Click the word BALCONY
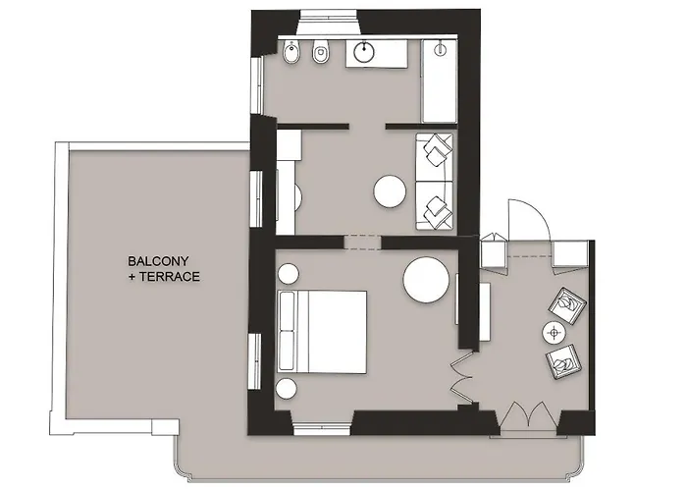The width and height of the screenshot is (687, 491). click(x=158, y=261)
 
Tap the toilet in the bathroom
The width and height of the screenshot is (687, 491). click(x=321, y=53)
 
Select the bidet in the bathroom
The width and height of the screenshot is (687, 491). click(x=291, y=53)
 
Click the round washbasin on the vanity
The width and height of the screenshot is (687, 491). click(x=364, y=52)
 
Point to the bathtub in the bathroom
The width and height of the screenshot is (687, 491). click(x=439, y=82)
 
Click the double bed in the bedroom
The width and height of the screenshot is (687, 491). click(x=323, y=332)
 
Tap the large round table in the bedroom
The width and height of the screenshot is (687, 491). click(x=426, y=280)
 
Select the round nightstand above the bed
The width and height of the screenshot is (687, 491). click(x=289, y=274)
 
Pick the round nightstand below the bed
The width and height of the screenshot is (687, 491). click(x=287, y=389)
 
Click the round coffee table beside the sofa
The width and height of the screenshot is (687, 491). click(x=390, y=191)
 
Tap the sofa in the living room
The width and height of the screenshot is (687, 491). click(x=434, y=182)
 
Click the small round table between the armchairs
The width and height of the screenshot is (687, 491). click(x=555, y=333)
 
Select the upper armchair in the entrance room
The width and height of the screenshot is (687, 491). click(x=567, y=305)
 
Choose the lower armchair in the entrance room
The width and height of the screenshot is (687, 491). click(x=564, y=361)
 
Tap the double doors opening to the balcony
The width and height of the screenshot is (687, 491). click(x=529, y=414)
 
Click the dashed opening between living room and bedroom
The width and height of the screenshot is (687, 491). click(x=362, y=243)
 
